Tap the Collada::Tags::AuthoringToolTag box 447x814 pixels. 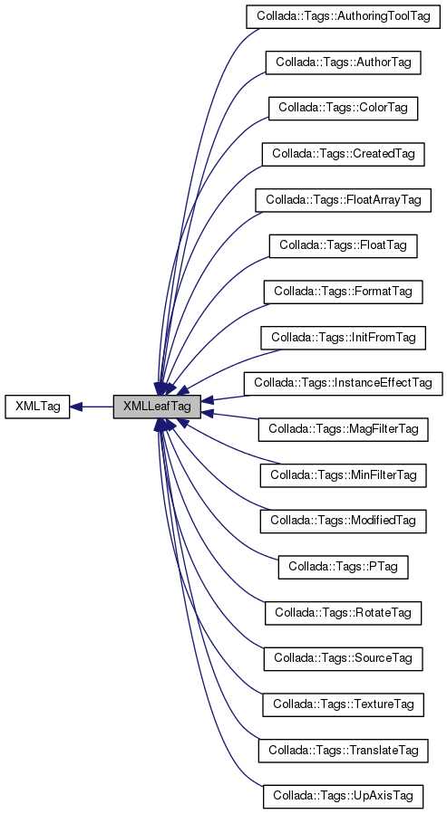coord(343,17)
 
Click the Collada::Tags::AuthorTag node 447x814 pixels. coord(343,62)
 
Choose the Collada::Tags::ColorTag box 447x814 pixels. coord(343,108)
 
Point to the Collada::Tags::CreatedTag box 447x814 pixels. coord(343,154)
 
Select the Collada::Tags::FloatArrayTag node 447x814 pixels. coord(343,199)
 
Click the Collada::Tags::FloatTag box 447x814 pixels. coord(343,245)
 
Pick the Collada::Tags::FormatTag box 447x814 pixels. coord(343,292)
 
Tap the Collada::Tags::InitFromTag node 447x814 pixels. coord(343,338)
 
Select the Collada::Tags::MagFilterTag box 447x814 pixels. coord(343,429)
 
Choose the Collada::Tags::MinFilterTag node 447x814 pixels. coord(343,474)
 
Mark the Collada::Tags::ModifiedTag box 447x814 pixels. coord(343,521)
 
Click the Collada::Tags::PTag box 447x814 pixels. coord(343,567)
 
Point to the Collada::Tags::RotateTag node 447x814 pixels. coord(343,613)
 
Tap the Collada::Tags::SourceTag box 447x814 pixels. coord(343,658)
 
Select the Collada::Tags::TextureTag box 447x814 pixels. coord(343,704)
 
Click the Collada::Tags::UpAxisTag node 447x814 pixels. coord(343,796)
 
